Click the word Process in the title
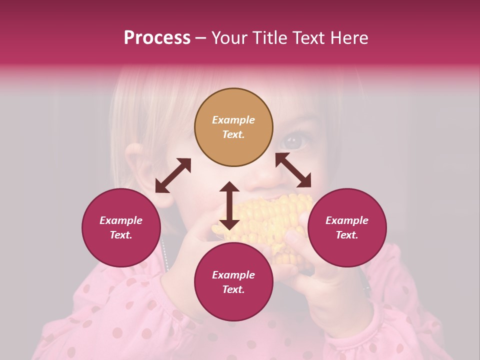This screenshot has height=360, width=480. [x=157, y=38]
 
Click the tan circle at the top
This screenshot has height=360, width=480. [x=233, y=127]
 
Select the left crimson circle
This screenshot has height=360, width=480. [x=121, y=227]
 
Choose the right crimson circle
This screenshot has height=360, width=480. [x=346, y=227]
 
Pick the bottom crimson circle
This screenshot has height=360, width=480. [x=233, y=282]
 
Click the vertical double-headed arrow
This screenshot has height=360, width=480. [x=229, y=205]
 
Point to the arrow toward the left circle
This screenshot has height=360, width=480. [x=173, y=175]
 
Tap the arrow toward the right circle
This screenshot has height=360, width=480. [x=293, y=170]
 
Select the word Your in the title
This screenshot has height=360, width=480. [x=229, y=38]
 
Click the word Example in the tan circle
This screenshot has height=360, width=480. [x=233, y=120]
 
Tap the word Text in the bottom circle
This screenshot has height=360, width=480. [x=233, y=289]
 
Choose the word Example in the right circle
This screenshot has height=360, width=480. [x=346, y=220]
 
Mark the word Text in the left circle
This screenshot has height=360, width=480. [x=121, y=235]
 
